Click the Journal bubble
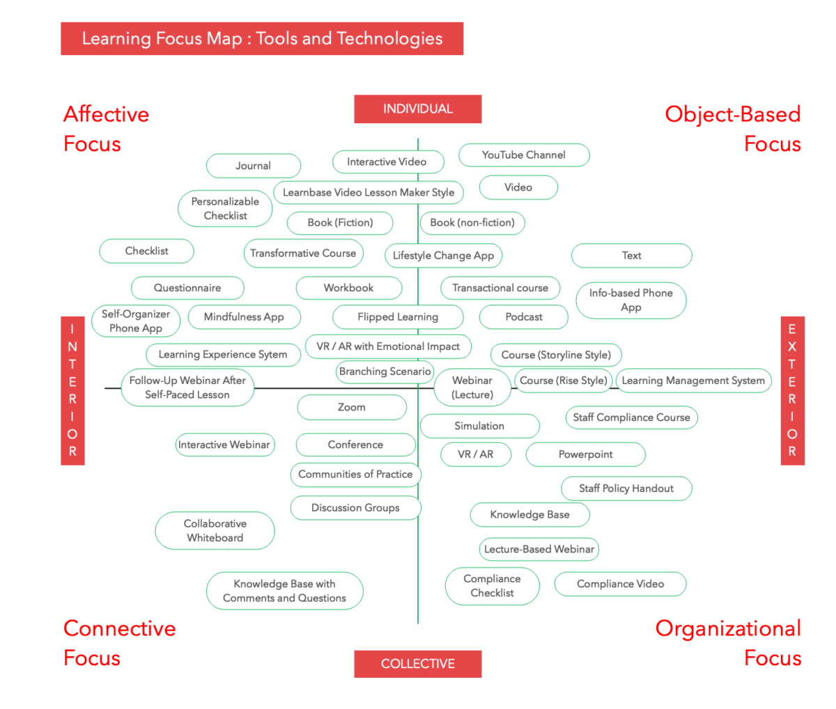pos(253,166)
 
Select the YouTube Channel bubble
pos(524,155)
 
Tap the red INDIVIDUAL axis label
pos(417,109)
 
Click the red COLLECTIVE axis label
pos(417,664)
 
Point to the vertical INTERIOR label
pos(72,390)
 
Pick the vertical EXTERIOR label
pos(792,390)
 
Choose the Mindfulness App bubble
pos(244,317)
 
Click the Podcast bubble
pos(524,317)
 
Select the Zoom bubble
pos(352,407)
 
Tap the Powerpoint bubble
pos(585,454)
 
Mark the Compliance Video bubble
pos(620,584)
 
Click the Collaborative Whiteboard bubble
pos(215,530)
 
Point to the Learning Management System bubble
pos(693,381)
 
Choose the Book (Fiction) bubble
pos(340,223)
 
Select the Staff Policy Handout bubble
pos(626,488)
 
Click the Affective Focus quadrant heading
pos(106,129)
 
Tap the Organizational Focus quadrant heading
pos(728,643)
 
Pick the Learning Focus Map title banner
pos(262,38)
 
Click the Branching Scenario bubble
pos(385,372)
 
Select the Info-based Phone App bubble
pos(631,300)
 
